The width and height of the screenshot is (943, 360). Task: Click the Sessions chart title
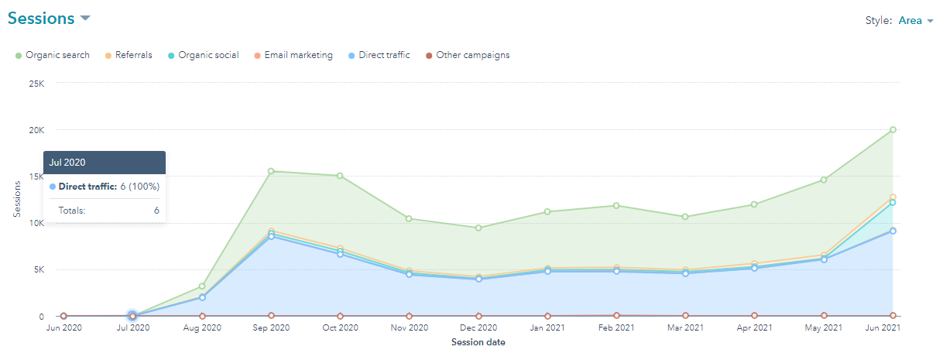(41, 19)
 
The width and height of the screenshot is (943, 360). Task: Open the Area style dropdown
(915, 21)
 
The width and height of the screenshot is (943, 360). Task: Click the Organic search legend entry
(57, 55)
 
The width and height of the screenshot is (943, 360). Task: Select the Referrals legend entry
(133, 55)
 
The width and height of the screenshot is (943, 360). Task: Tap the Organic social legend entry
(208, 55)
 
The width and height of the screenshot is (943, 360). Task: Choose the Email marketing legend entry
(298, 55)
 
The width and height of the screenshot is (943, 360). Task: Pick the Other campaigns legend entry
(472, 55)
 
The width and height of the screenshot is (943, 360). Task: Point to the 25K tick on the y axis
(36, 83)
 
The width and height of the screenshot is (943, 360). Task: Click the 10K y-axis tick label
(36, 223)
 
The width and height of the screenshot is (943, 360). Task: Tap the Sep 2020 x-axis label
(271, 328)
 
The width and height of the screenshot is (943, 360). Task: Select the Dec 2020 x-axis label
(478, 328)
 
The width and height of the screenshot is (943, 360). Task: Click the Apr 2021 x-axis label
(754, 328)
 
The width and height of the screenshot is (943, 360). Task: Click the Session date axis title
(478, 342)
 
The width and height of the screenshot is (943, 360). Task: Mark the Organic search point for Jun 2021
(893, 129)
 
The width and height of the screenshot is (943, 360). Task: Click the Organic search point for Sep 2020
(271, 171)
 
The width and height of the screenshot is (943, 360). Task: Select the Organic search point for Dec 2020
(478, 228)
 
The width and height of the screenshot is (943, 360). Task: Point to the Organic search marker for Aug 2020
(202, 286)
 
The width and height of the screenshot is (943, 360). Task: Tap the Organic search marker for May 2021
(824, 180)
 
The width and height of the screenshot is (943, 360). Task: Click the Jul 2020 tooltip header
(105, 163)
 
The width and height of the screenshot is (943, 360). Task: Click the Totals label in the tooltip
(72, 210)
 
